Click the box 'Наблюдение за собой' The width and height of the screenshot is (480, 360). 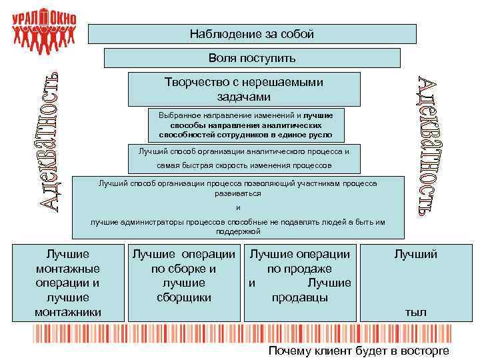click(x=252, y=34)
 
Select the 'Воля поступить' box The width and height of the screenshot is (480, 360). click(x=252, y=58)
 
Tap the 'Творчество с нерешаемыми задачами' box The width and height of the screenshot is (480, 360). click(x=244, y=89)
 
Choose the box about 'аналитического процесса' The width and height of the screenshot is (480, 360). click(x=244, y=158)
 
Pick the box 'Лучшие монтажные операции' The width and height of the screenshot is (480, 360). click(x=67, y=283)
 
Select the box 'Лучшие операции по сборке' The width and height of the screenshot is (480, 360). click(x=183, y=276)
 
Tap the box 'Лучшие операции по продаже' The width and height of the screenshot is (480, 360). click(x=300, y=276)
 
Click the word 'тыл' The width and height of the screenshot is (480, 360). click(x=416, y=312)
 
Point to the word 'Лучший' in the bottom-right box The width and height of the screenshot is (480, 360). click(x=416, y=254)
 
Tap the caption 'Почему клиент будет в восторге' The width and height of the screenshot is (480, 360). click(x=359, y=351)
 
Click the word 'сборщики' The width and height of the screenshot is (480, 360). click(x=183, y=297)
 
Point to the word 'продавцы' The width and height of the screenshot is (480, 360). click(x=300, y=297)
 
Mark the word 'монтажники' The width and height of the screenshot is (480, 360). click(x=68, y=312)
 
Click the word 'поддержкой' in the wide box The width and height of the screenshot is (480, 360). click(x=238, y=231)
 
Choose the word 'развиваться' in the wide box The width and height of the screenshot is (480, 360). click(x=238, y=193)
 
